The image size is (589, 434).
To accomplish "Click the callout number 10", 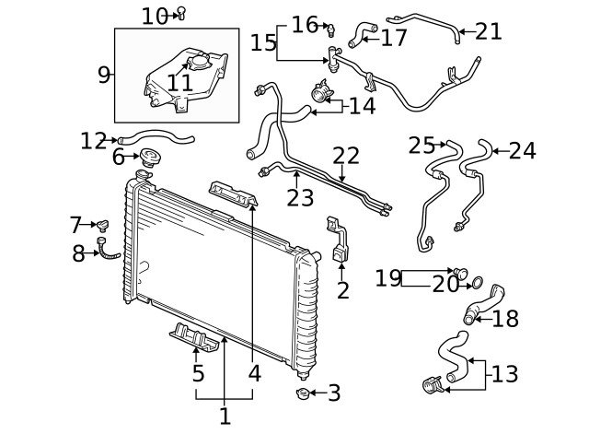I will (x=155, y=15).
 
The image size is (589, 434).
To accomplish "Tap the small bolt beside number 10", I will (x=181, y=12).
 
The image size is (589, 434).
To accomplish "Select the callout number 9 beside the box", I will (x=104, y=76).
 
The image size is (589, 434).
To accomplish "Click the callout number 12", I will (x=94, y=141).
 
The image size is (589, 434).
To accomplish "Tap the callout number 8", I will (x=79, y=253).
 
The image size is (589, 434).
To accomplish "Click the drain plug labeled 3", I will (x=301, y=394).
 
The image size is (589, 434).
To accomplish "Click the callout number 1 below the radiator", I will (x=225, y=416).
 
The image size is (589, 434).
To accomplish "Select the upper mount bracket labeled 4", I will (x=235, y=195).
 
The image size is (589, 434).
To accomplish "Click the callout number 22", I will (x=346, y=156).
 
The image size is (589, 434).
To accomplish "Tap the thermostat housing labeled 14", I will (x=321, y=95).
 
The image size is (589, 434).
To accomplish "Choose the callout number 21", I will (x=489, y=31).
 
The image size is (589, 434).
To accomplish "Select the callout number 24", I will (x=522, y=149).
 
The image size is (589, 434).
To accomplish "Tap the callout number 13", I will (x=505, y=374).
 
